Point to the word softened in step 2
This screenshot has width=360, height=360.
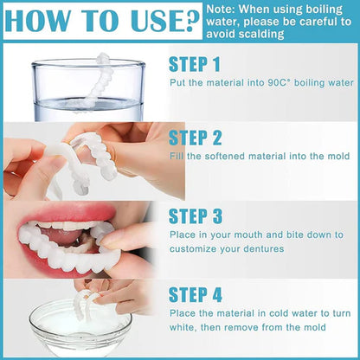click(x=221, y=156)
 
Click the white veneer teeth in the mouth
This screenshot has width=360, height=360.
click(x=61, y=241)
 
